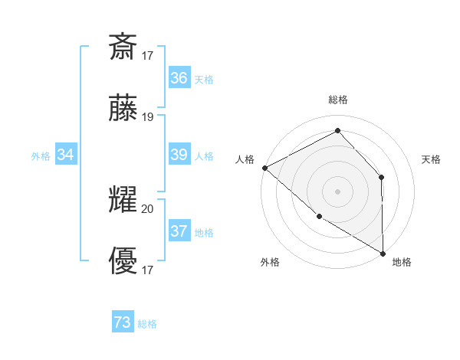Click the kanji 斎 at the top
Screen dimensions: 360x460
(x=123, y=47)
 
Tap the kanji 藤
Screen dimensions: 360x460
(x=123, y=109)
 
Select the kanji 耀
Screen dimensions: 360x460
(x=123, y=201)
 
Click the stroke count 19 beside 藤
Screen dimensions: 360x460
(x=148, y=116)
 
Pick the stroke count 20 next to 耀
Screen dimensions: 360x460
(x=148, y=208)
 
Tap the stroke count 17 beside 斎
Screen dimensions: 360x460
(x=148, y=55)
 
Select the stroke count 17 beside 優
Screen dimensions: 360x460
(x=148, y=270)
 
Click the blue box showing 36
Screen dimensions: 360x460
(x=179, y=78)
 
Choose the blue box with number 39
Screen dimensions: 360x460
(x=179, y=155)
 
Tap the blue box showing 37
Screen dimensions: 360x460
(x=179, y=231)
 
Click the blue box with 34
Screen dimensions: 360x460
(x=66, y=155)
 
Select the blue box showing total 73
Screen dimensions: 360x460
(x=123, y=323)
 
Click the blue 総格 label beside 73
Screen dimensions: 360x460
(x=147, y=325)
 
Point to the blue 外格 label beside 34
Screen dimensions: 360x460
(x=41, y=156)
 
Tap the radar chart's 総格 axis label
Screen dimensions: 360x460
(x=338, y=100)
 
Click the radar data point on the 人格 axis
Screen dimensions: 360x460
(x=264, y=168)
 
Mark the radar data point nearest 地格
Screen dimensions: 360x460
(x=383, y=253)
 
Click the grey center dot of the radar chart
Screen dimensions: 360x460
(x=338, y=191)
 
